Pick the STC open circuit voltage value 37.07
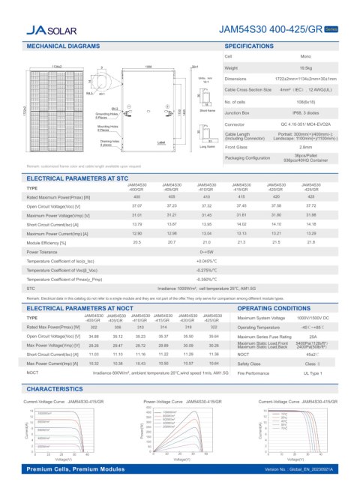coord(136,205)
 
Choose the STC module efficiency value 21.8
coord(311,243)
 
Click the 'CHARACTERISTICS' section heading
coord(59,389)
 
